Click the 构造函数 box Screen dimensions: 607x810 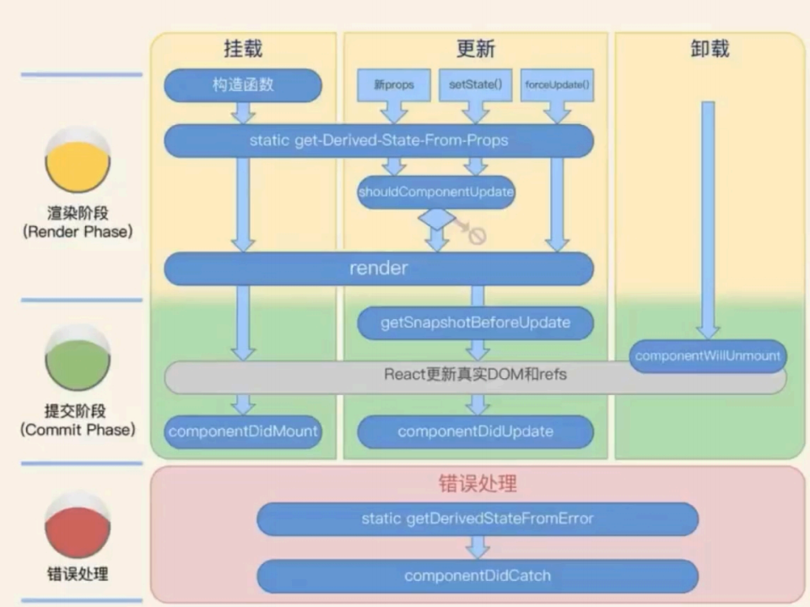point(243,85)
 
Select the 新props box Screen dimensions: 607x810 point(393,85)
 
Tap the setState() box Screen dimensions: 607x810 point(475,85)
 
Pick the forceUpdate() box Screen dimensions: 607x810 point(557,85)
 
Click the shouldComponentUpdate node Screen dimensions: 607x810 point(436,192)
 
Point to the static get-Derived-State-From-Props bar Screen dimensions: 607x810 point(378,140)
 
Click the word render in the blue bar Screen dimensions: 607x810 point(378,268)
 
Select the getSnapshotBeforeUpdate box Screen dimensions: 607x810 point(475,322)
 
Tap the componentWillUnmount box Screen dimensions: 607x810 point(708,355)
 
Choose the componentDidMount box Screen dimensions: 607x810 point(243,431)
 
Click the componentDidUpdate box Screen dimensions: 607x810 point(475,431)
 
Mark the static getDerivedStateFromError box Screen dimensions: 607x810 point(477,518)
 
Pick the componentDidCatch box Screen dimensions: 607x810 point(477,576)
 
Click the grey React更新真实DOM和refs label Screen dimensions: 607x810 point(475,374)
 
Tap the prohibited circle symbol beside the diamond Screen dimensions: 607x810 point(478,236)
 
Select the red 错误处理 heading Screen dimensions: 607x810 point(478,484)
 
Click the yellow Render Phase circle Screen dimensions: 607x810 point(78,163)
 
